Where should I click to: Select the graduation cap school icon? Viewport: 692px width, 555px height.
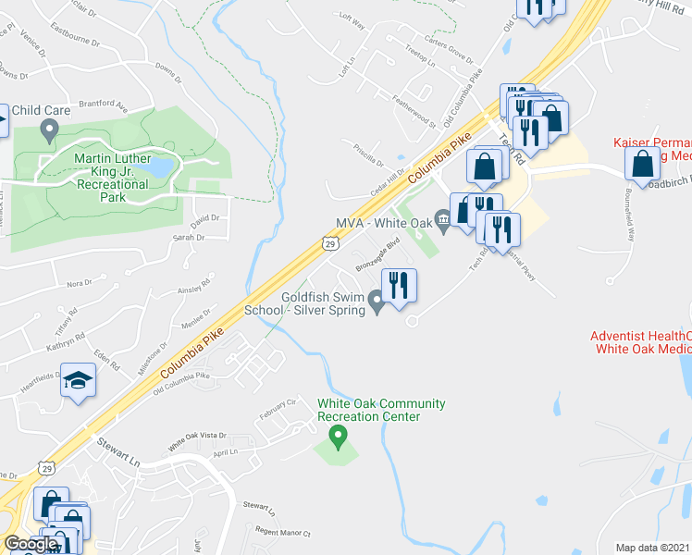pos(79,380)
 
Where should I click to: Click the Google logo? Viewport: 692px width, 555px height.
pos(31,544)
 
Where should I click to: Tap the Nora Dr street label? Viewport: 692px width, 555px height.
pos(80,283)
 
